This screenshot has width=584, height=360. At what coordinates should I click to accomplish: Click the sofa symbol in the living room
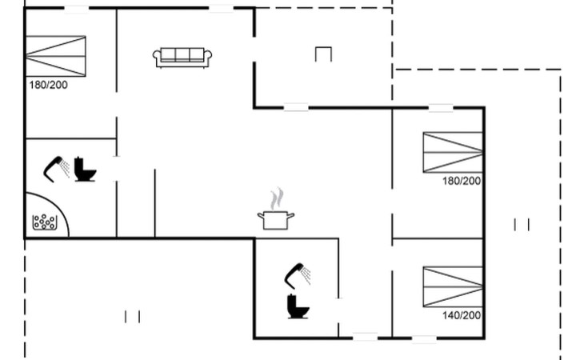(x=182, y=58)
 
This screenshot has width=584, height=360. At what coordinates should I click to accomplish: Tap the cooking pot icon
(x=276, y=220)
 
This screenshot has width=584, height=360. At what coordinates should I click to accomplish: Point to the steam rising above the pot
(x=277, y=198)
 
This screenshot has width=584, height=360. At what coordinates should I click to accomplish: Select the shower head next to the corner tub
(x=56, y=169)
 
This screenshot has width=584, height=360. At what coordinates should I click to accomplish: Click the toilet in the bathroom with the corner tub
(x=85, y=170)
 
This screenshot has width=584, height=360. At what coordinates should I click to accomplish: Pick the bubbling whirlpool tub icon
(x=45, y=222)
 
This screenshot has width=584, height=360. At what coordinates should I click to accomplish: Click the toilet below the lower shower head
(x=298, y=306)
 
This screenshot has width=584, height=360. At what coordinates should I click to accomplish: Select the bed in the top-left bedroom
(x=55, y=56)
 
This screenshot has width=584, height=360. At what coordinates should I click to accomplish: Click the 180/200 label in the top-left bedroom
(x=49, y=85)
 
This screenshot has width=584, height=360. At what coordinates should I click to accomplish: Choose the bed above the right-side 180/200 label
(x=453, y=152)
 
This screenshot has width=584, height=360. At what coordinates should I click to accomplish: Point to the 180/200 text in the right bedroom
(x=462, y=181)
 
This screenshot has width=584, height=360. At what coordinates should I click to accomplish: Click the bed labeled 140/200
(x=453, y=286)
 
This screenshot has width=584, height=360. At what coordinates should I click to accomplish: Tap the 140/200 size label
(x=462, y=315)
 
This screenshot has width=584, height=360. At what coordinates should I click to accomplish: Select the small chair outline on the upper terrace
(x=323, y=54)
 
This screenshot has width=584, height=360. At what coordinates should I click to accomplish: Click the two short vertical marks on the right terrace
(x=522, y=225)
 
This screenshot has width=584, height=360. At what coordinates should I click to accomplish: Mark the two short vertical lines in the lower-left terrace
(x=132, y=317)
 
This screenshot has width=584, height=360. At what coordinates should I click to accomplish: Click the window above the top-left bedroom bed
(x=76, y=8)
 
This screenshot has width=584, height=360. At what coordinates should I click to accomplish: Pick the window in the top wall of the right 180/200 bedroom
(x=441, y=108)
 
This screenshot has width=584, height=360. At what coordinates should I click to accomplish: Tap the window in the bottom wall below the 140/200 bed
(x=424, y=338)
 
